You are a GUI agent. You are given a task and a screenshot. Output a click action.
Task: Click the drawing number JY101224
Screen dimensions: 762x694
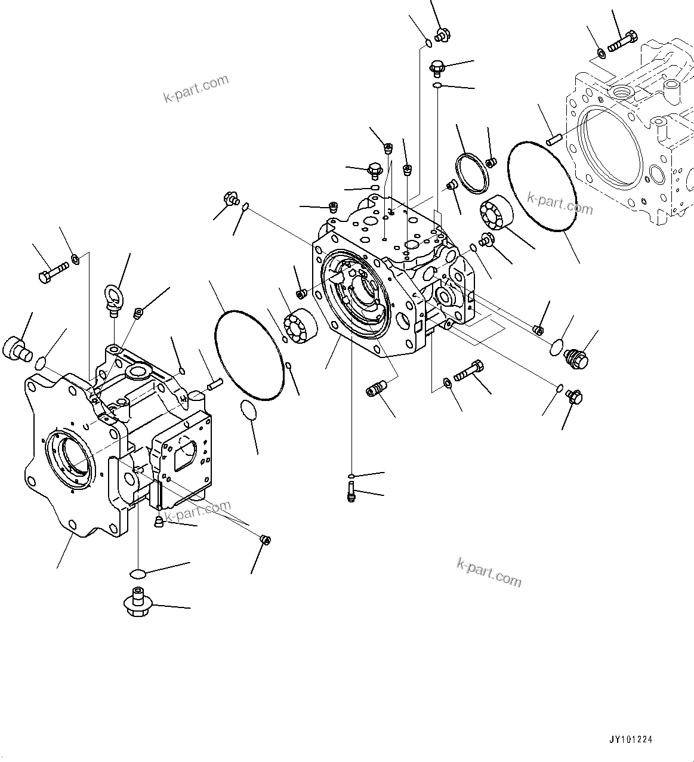[x=631, y=739]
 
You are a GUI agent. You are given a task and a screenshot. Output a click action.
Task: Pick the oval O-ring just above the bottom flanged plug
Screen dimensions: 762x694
[x=137, y=573]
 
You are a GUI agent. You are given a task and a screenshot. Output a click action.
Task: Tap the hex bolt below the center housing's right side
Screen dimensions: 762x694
[x=469, y=372]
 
